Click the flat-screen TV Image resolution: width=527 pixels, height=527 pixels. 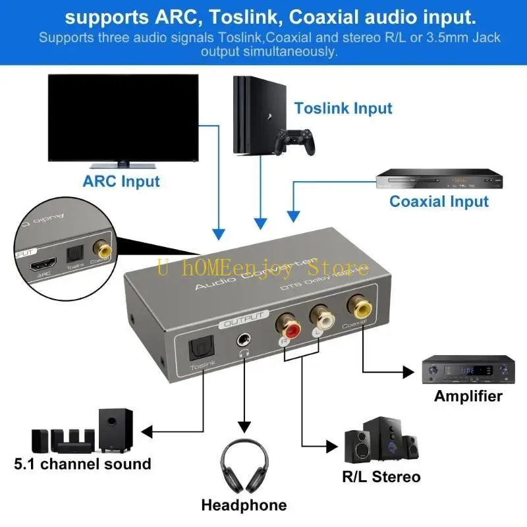coord(123,119)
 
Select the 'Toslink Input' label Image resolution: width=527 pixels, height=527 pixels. coord(343,108)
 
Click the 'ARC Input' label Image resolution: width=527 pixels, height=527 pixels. coord(121,180)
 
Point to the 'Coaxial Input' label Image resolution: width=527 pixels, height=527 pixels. coord(439,202)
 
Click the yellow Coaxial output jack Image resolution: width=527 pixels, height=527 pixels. coord(361,306)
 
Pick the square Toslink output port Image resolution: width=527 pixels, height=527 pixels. coord(197,349)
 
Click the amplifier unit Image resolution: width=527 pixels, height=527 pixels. coord(468,371)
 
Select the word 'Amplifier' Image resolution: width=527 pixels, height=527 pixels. coord(468,396)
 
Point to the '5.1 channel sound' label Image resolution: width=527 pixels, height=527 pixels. coord(83,464)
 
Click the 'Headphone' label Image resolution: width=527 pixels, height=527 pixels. coord(244,505)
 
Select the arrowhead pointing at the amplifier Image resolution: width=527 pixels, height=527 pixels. coord(412,371)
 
